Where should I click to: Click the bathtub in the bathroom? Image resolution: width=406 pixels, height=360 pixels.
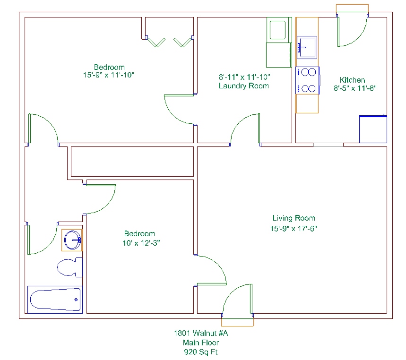pyautogui.click(x=55, y=300)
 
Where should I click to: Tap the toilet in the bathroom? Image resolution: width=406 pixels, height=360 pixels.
pyautogui.click(x=69, y=267)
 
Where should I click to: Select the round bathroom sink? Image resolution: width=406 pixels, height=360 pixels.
pyautogui.click(x=72, y=240)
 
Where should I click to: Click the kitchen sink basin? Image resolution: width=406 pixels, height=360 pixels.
pyautogui.click(x=307, y=47)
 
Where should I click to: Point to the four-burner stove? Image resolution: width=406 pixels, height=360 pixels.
pyautogui.click(x=307, y=80)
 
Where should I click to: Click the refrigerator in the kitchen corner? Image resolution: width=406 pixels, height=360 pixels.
pyautogui.click(x=373, y=129)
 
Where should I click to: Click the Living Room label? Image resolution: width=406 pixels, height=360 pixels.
pyautogui.click(x=294, y=218)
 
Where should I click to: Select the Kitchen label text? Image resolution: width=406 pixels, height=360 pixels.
pyautogui.click(x=353, y=80)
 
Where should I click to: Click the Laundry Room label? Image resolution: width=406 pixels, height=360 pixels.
pyautogui.click(x=244, y=86)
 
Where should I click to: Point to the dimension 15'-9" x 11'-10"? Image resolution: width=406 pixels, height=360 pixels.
pyautogui.click(x=109, y=75)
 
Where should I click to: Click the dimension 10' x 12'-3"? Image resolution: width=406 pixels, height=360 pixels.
pyautogui.click(x=141, y=243)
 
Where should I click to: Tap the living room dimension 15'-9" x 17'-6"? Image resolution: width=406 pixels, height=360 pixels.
pyautogui.click(x=294, y=229)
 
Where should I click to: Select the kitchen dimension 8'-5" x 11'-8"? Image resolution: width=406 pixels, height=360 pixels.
pyautogui.click(x=355, y=88)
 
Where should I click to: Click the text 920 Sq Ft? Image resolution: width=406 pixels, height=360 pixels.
pyautogui.click(x=201, y=352)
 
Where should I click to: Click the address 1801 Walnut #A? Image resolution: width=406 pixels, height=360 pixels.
pyautogui.click(x=201, y=333)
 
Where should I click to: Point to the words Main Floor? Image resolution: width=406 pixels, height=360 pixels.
pyautogui.click(x=201, y=343)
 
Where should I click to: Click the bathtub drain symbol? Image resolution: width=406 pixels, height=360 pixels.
pyautogui.click(x=76, y=300)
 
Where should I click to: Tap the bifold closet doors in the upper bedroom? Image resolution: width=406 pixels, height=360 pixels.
pyautogui.click(x=170, y=42)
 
